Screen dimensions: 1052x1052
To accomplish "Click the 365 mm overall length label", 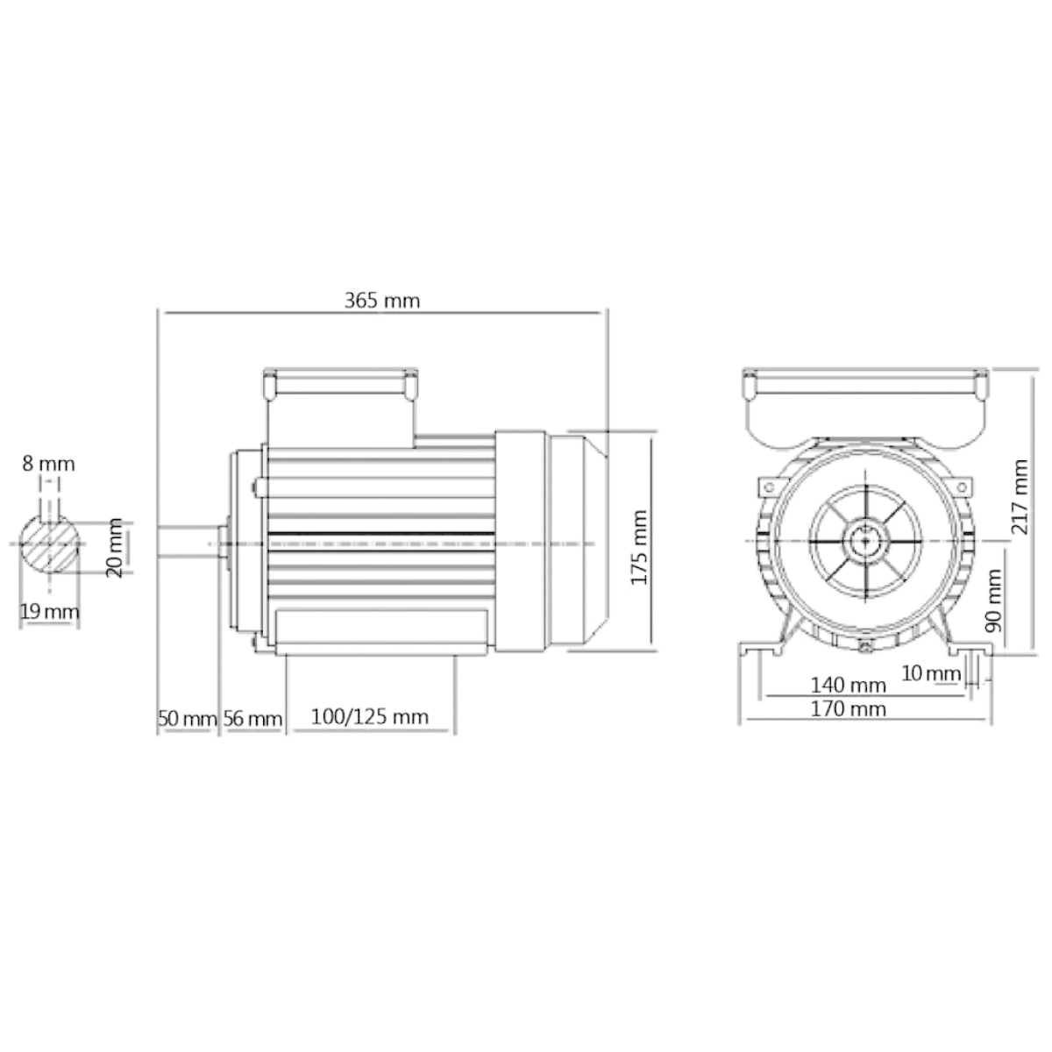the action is pos(382,301).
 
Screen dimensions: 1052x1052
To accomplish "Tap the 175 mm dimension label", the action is pos(639,548).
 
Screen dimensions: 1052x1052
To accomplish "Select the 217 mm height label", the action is pos(1020,497).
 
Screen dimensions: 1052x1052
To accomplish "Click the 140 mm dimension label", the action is pos(848,685).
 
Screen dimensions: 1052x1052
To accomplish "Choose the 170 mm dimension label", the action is pos(848,709).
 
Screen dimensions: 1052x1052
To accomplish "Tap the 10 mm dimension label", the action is pos(931,673).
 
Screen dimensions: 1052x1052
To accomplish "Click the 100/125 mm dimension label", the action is pos(370,717).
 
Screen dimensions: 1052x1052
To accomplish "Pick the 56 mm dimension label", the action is pos(252,719).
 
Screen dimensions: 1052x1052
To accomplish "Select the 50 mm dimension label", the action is pos(188,719).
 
